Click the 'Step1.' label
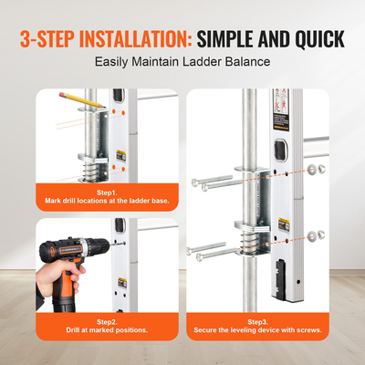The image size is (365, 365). (x=107, y=193)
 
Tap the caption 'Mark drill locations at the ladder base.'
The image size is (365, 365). (x=107, y=202)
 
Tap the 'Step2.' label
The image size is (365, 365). (x=107, y=323)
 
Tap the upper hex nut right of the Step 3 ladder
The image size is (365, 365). (x=312, y=170)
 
